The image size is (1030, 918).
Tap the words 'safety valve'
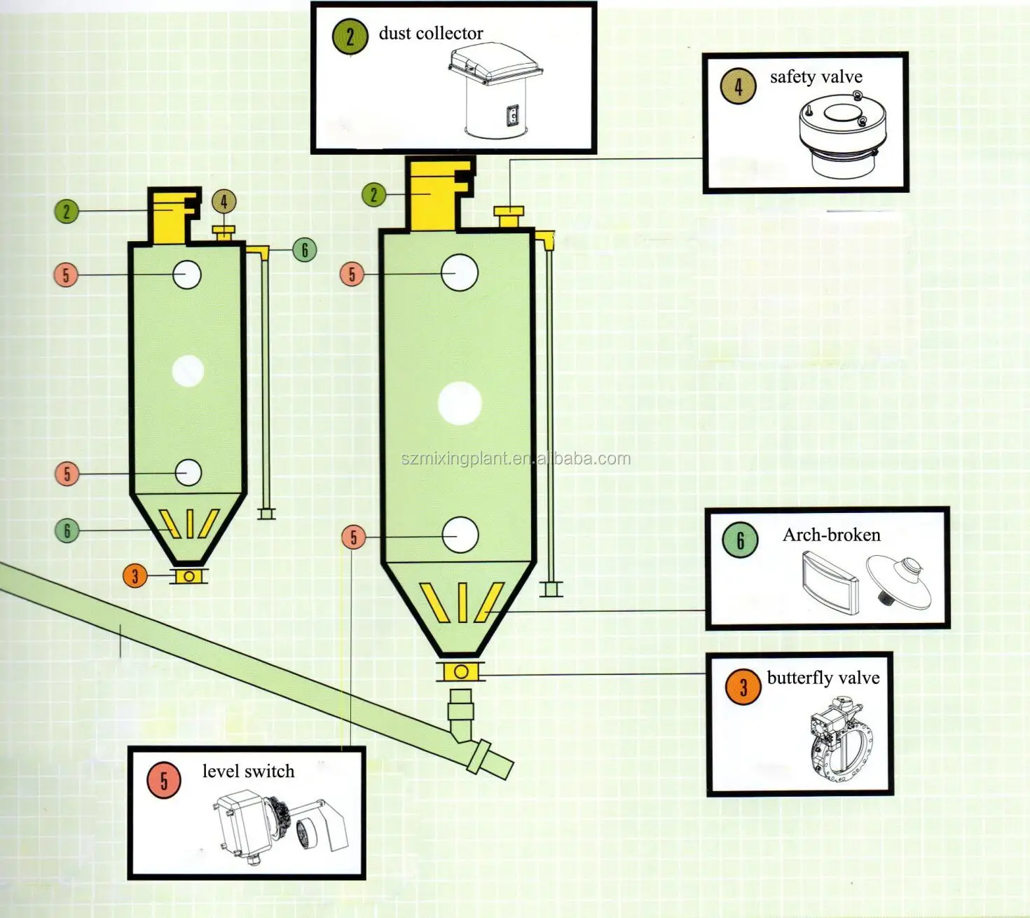(816, 77)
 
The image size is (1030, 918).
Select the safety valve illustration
(842, 135)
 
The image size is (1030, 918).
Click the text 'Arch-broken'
(831, 535)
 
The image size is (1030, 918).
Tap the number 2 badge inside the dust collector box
(350, 37)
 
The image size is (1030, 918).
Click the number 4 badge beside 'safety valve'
(739, 86)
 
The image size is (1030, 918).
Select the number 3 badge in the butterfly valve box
(743, 687)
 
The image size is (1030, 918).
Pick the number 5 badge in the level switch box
(164, 781)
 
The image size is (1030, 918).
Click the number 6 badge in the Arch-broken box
(740, 540)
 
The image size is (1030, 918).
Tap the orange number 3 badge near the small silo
(135, 576)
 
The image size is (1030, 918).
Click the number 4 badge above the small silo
(224, 201)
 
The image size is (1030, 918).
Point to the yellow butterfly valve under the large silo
(460, 672)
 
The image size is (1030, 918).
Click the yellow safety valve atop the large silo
(509, 217)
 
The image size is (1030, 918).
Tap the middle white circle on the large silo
(460, 403)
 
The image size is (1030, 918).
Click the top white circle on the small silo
(187, 275)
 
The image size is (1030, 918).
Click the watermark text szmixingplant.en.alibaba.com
(516, 459)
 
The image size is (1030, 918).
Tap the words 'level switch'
(248, 771)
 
